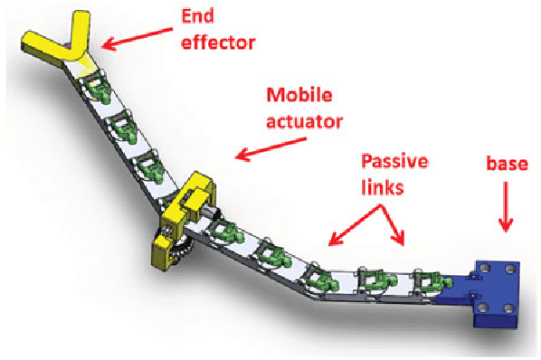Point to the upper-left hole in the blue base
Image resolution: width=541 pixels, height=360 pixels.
pos(483,268)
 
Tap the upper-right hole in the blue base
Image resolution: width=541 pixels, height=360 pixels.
pos(513,270)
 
